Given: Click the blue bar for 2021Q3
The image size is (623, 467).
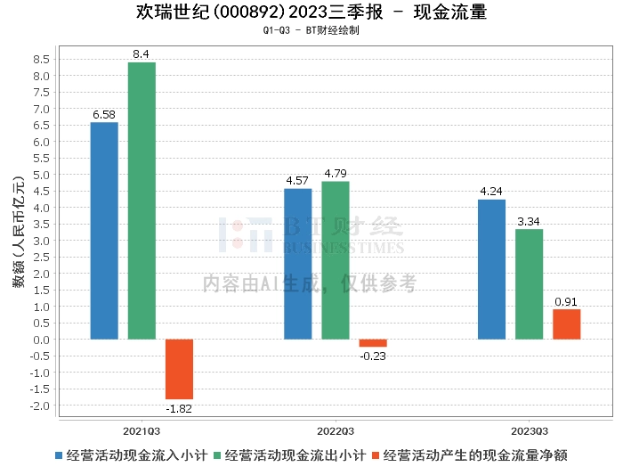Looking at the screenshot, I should pos(104,231).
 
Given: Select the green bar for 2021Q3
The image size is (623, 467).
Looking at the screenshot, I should pos(142,201).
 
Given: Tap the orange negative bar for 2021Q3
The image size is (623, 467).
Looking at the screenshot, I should pos(179,369).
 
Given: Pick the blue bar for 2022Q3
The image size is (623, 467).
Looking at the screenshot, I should pos(298,264).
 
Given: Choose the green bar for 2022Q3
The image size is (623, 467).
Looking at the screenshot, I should pos(336,260).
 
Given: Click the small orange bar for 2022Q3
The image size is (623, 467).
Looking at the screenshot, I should pos(373,343).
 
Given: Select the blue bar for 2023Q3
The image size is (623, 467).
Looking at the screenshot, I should pos(491,269).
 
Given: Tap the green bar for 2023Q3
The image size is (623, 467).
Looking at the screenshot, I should pos(529,284).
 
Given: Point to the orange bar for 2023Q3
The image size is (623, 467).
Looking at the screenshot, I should pos(566,324).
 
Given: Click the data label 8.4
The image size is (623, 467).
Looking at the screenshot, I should pos(142,54).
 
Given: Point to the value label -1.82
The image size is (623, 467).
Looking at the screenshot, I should pos(179,408).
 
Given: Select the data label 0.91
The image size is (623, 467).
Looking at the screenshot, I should pos(566,301).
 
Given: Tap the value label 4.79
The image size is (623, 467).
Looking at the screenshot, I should pos(336,173).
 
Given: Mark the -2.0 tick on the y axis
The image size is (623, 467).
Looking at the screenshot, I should pos(39,406).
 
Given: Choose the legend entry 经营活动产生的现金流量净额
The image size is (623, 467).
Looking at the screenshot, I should pos(476,455).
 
